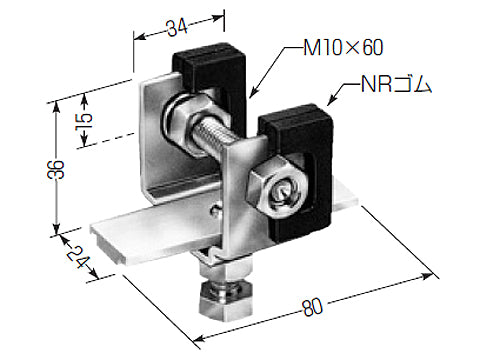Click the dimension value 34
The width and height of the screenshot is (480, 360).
click(177, 28)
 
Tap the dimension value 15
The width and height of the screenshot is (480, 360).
click(85, 122)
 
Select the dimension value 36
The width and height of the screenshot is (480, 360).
click(56, 169)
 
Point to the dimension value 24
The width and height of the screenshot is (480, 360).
click(77, 257)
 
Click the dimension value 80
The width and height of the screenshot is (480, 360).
click(313, 307)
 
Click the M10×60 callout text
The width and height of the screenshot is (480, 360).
click(343, 48)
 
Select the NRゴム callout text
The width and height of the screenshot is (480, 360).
click(396, 84)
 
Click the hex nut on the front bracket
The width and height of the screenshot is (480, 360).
click(275, 188)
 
